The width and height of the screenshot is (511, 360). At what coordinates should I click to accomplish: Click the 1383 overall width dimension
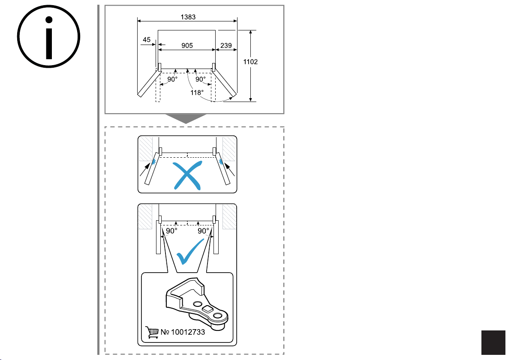(x=188, y=17)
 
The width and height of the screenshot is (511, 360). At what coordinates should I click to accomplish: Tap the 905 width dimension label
(x=187, y=45)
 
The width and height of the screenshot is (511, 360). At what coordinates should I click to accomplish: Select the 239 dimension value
(x=226, y=45)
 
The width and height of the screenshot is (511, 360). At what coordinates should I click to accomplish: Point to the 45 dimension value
(x=147, y=40)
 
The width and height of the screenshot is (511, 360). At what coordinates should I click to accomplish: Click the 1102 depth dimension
(x=250, y=62)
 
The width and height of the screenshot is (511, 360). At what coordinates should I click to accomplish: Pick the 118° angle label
(x=197, y=93)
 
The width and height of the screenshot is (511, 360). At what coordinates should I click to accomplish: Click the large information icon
(x=48, y=36)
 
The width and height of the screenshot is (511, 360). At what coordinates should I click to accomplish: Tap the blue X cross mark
(x=187, y=176)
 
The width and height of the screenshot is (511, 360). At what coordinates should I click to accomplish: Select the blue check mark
(x=190, y=252)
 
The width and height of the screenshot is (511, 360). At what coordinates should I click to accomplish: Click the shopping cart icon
(x=152, y=332)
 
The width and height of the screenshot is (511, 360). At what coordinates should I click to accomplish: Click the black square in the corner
(x=493, y=342)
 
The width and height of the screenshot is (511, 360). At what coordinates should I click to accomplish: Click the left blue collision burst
(x=153, y=162)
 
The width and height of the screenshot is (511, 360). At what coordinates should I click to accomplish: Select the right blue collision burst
(x=221, y=162)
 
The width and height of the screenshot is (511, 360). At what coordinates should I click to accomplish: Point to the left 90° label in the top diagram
(x=172, y=79)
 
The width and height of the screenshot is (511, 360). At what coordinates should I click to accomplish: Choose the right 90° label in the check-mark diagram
(x=203, y=231)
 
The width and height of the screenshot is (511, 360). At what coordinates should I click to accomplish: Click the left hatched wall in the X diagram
(x=146, y=149)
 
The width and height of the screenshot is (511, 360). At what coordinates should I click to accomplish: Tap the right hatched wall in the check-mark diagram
(x=229, y=217)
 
